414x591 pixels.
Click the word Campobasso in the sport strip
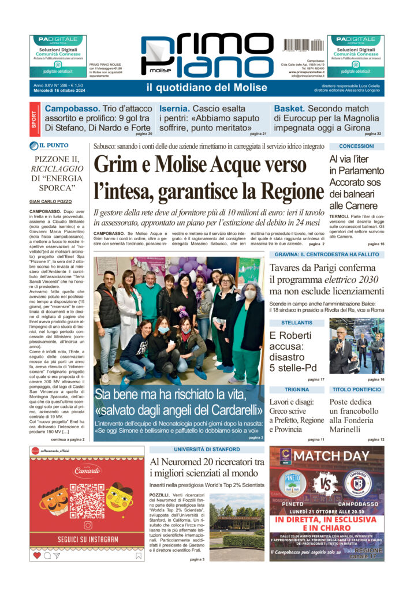click(72, 109)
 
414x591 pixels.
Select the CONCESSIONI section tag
click(356, 147)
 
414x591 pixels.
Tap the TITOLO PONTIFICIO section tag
click(356, 390)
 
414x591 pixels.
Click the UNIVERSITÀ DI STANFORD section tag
click(207, 449)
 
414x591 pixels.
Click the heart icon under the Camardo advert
click(37, 555)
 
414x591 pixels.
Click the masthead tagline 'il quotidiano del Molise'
click(207, 88)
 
